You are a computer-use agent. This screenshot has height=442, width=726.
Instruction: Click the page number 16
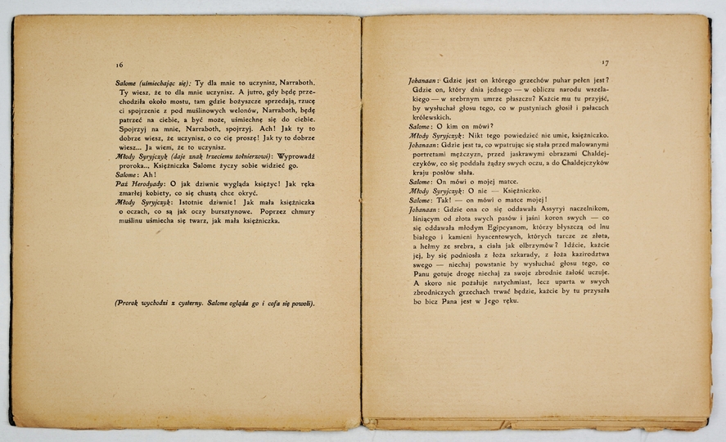[x=119, y=63]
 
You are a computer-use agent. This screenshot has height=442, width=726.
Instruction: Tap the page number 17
[x=606, y=63]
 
